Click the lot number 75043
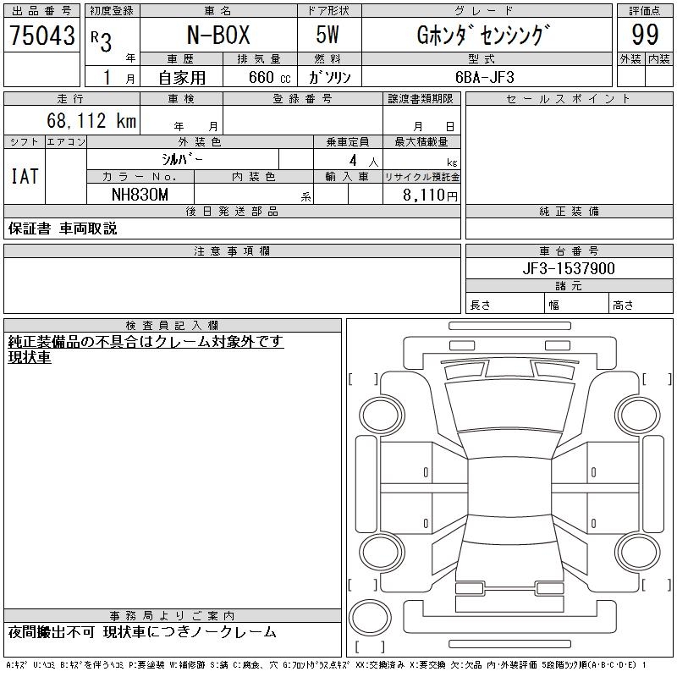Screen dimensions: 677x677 click(42, 36)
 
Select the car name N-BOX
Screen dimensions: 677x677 click(218, 35)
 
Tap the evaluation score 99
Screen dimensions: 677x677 click(645, 35)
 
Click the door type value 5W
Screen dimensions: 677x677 click(327, 35)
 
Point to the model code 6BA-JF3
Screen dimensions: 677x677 click(485, 77)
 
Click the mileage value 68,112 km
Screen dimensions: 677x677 click(91, 120)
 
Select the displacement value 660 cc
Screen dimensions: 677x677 click(270, 77)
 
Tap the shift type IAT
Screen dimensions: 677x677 click(25, 176)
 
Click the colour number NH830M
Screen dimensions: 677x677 click(140, 195)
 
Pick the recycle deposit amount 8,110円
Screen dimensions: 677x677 click(430, 195)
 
